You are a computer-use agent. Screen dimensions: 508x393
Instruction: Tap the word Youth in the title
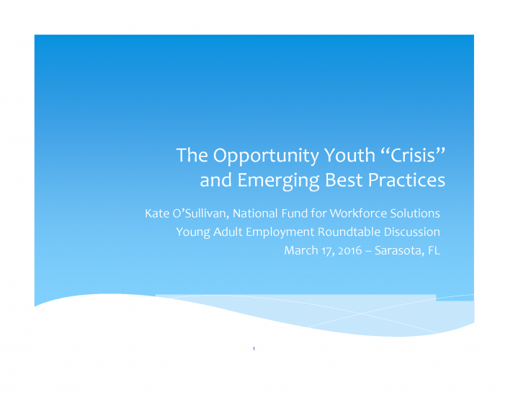tap(350, 155)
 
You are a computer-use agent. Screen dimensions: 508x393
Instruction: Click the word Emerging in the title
tap(279, 181)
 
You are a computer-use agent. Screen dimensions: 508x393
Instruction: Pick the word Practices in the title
tap(406, 180)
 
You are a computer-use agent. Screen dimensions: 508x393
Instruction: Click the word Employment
tap(280, 233)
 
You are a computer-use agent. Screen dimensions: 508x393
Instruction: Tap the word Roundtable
tap(349, 232)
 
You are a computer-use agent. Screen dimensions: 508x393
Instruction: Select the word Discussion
tap(411, 232)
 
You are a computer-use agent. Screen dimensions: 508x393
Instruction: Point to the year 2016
tap(350, 250)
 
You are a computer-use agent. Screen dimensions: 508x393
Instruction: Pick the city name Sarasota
tap(399, 251)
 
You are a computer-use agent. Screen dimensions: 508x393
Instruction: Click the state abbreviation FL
tap(434, 250)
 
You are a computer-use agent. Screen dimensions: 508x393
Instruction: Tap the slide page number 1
tap(254, 349)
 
